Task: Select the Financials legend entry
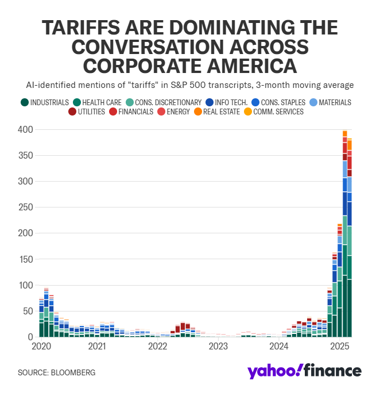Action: [x=133, y=112]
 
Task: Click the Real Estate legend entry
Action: [x=219, y=112]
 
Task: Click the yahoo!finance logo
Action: [x=305, y=371]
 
